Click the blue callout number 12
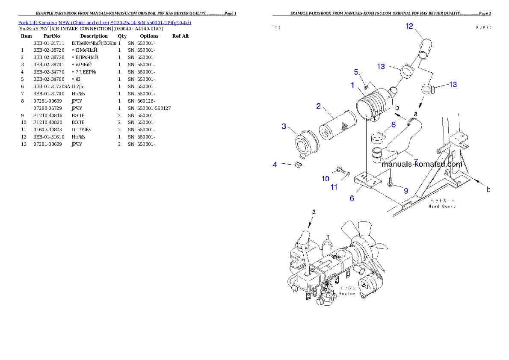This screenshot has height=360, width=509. point(409,27)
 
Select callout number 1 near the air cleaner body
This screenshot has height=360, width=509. point(352,85)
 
